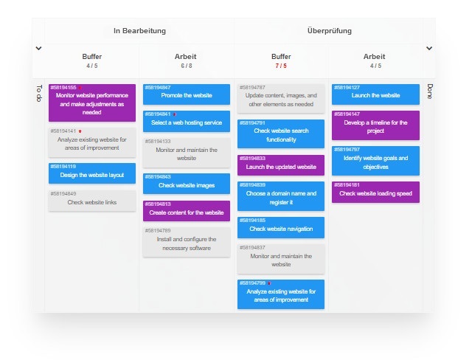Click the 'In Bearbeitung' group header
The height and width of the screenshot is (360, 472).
[139, 31]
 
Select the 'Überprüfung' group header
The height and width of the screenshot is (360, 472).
[329, 31]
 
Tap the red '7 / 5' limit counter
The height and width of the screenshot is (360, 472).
[281, 66]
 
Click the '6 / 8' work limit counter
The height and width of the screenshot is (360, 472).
[186, 66]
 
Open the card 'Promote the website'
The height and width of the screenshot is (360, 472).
[187, 95]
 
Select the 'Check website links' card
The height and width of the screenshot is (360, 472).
[92, 201]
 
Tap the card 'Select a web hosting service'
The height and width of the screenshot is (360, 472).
[187, 122]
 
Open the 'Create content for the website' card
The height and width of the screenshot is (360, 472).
[187, 211]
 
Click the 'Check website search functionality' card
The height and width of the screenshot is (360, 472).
[281, 134]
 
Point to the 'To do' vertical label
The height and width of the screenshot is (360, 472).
[39, 94]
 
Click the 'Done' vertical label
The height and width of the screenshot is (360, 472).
[429, 91]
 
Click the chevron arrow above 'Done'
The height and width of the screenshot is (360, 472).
[429, 49]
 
